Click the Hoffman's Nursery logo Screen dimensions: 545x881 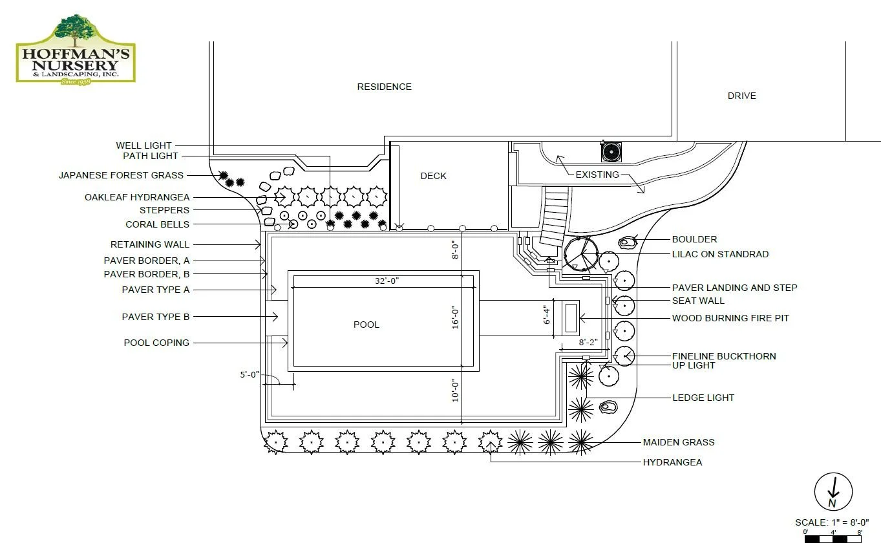click(x=76, y=49)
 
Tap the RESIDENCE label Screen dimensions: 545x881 click(x=384, y=87)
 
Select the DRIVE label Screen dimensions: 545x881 click(x=741, y=96)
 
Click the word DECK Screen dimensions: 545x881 click(x=433, y=176)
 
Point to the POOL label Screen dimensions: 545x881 click(x=366, y=325)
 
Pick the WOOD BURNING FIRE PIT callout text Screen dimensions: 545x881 click(x=730, y=318)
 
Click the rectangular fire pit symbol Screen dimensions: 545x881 click(x=571, y=318)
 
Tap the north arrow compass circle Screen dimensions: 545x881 click(x=833, y=491)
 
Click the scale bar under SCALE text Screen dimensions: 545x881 click(x=833, y=538)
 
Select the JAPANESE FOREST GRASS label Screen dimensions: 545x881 click(x=121, y=175)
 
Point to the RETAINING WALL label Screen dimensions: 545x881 click(x=150, y=244)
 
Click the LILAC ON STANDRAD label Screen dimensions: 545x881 click(x=720, y=254)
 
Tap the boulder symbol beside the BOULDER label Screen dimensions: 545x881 click(x=626, y=242)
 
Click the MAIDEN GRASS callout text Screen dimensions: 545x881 click(x=678, y=442)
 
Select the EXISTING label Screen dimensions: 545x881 click(x=597, y=175)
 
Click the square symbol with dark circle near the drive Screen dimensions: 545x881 click(x=610, y=151)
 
